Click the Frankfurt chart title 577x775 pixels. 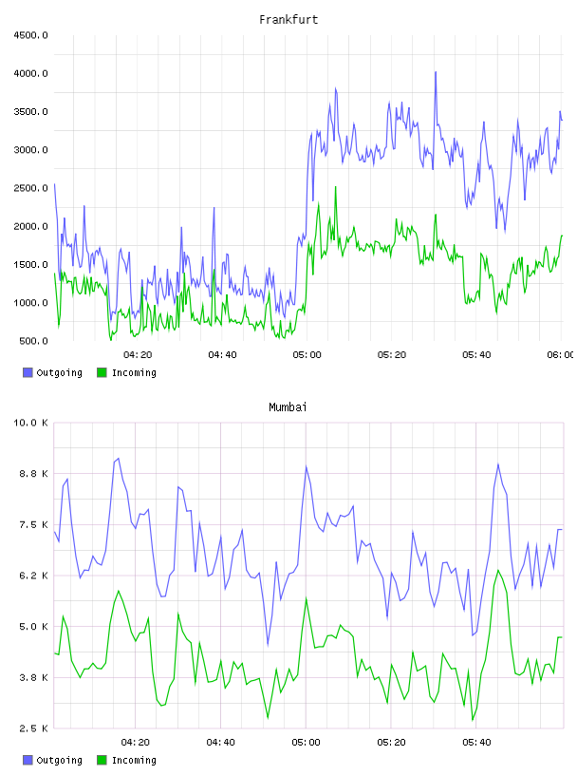point(288,20)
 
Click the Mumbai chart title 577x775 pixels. point(288,407)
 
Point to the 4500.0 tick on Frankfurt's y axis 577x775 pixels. point(31,35)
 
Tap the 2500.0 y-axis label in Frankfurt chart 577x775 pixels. point(31,188)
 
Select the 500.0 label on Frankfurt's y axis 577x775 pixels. point(33,341)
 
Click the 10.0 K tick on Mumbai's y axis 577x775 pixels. point(31,423)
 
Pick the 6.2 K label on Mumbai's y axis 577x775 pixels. point(33,576)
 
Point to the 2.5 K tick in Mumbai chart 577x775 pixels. point(33,728)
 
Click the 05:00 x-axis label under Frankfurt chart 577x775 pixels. point(307,355)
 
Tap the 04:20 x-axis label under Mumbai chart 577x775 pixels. point(136,743)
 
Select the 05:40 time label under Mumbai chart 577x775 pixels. point(476,743)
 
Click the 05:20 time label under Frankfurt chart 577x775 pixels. point(392,355)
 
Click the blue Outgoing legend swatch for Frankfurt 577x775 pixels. point(28,372)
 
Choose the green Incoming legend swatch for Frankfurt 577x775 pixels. point(102,372)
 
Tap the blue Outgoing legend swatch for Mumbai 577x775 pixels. point(28,760)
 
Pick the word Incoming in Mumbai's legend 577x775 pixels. point(134,760)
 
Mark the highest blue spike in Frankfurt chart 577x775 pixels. point(436,72)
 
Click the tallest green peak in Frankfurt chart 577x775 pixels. point(335,187)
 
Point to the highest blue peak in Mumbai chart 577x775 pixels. point(119,459)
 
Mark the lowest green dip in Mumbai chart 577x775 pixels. point(473,720)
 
